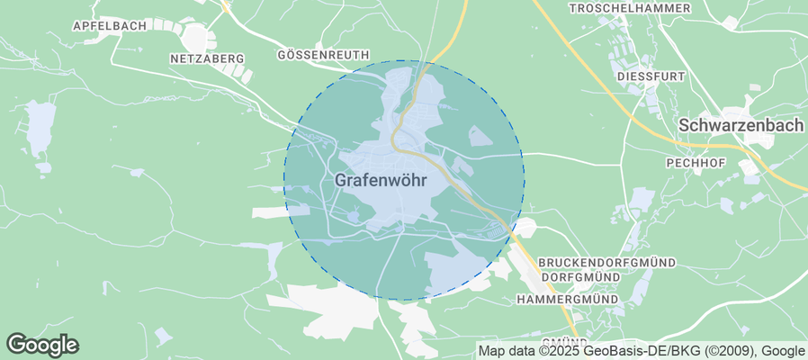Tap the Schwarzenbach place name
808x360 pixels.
click(741, 126)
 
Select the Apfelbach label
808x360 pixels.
click(109, 26)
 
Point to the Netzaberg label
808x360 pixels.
click(207, 58)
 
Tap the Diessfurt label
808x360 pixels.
click(651, 77)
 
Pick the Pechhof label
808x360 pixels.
click(695, 163)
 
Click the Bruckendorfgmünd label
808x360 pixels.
click(606, 262)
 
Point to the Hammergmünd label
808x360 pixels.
click(567, 299)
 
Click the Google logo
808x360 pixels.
click(42, 345)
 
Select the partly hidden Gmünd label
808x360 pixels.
click(565, 341)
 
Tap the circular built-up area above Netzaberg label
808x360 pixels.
click(196, 37)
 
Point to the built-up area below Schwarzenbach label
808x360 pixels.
click(749, 167)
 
